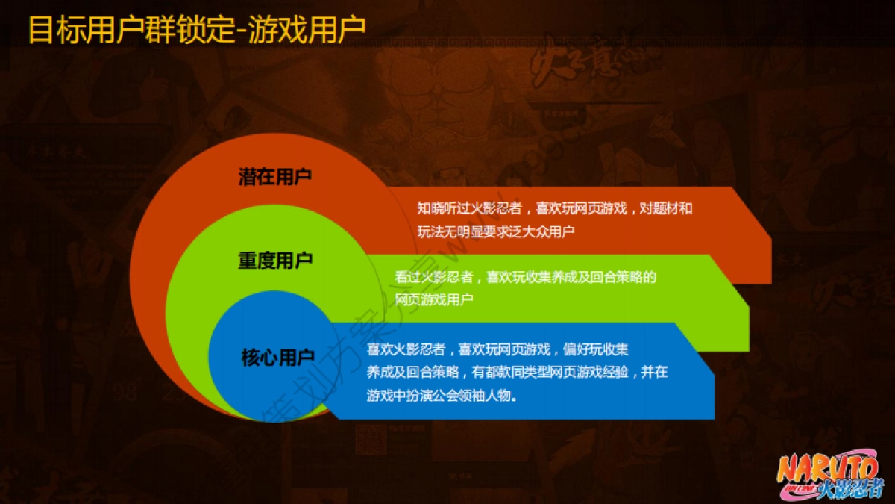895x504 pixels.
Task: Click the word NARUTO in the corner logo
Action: click(x=828, y=469)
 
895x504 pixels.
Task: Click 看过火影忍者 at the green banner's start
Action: click(x=434, y=277)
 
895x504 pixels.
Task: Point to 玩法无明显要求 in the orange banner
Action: click(x=458, y=232)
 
